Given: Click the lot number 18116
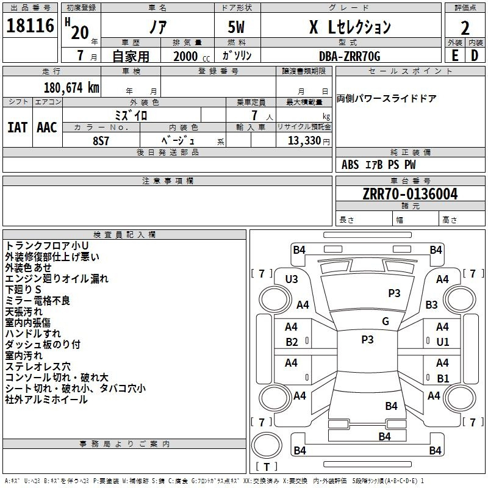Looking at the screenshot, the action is (x=30, y=26).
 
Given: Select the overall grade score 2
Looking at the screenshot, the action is (x=465, y=28).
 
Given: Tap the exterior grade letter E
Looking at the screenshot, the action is (x=454, y=56).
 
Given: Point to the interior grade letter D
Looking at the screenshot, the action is (x=475, y=56).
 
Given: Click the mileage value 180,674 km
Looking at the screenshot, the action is (x=71, y=88).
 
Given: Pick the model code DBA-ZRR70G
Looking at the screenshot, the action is (x=350, y=56).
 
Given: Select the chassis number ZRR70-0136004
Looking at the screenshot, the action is (x=410, y=194).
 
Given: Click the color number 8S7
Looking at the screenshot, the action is (x=101, y=141).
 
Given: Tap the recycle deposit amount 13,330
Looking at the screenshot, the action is (x=304, y=141).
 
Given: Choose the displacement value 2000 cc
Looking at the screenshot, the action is (x=192, y=56).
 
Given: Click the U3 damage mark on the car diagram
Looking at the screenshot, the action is (x=292, y=279).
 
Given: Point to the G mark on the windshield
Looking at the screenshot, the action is (x=386, y=321).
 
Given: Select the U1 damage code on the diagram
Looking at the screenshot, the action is (x=443, y=342).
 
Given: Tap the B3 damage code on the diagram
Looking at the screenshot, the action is (x=431, y=304).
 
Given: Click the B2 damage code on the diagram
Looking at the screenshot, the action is (x=292, y=342).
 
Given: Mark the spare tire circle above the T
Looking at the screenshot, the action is (x=267, y=445).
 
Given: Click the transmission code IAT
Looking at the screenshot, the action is (x=17, y=127).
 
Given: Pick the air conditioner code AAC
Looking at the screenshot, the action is (x=47, y=127).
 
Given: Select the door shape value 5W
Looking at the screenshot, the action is (x=236, y=27).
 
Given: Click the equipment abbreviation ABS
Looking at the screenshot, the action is (x=350, y=165).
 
